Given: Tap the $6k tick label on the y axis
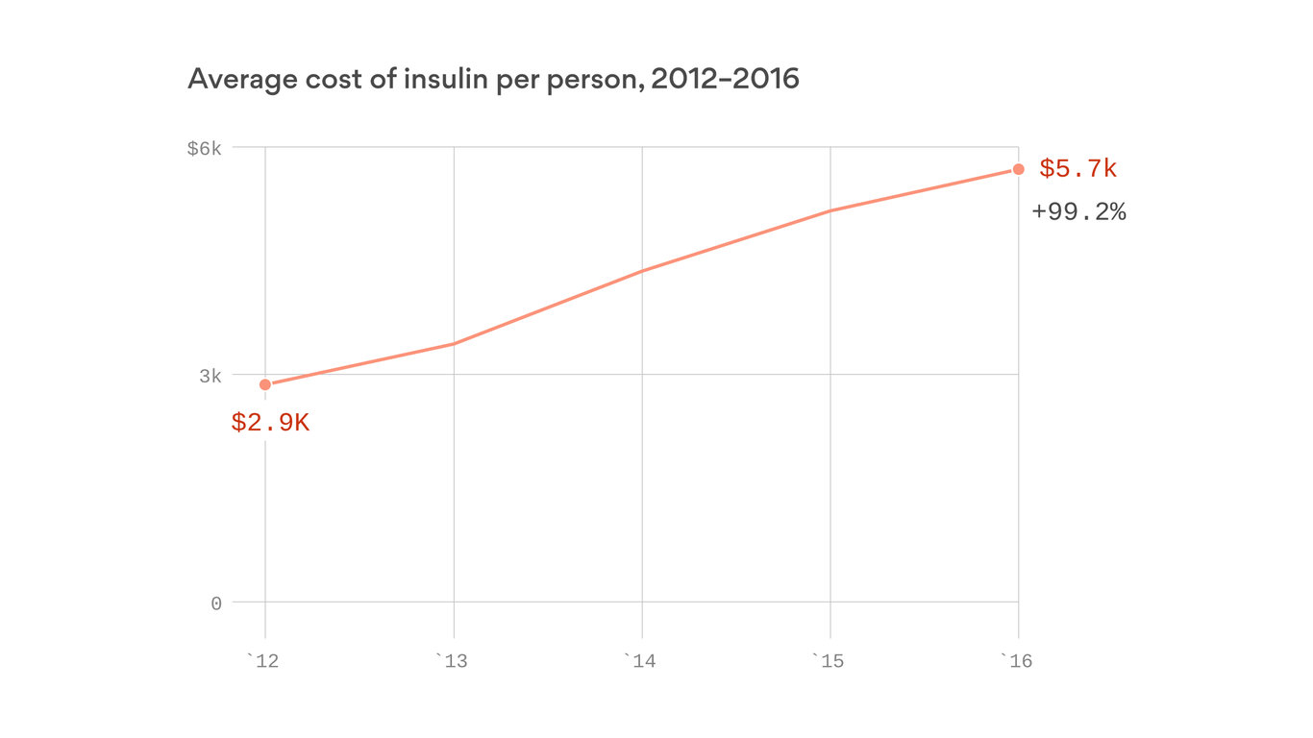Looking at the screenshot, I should (204, 148).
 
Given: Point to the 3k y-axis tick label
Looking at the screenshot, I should (211, 376).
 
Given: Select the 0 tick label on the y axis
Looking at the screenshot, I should (216, 603).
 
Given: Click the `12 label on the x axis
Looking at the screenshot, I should (262, 662).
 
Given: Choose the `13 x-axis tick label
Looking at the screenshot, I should (451, 662).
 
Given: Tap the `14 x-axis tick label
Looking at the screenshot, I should (639, 662).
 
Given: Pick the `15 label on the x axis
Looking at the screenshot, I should (828, 662).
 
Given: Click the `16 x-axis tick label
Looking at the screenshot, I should (1016, 662).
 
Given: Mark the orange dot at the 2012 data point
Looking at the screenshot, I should (265, 384).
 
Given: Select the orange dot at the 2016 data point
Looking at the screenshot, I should (1019, 169).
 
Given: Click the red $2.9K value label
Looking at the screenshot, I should (270, 423).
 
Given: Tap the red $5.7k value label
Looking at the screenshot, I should (1078, 169).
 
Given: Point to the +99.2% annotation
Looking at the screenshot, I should (1078, 211).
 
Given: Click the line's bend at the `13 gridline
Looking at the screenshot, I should (454, 343).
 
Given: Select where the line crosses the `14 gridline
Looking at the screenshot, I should (642, 271).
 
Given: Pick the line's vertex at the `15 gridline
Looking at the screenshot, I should (830, 210).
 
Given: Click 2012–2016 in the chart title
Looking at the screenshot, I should (725, 79).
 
